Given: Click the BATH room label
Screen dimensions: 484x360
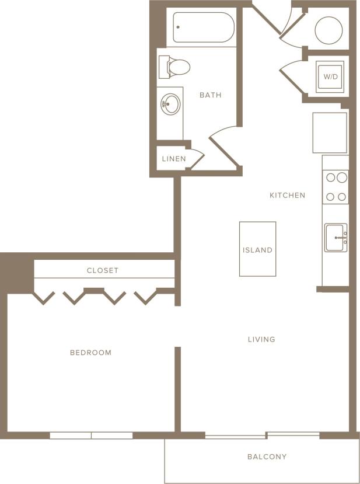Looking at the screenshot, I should click(x=210, y=95).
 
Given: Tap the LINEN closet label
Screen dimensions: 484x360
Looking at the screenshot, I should click(x=174, y=159).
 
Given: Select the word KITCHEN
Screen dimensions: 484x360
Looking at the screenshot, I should click(x=287, y=195).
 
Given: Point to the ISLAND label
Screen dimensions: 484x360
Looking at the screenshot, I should click(x=257, y=250).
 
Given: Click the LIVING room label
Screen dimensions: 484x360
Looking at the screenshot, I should click(x=261, y=339).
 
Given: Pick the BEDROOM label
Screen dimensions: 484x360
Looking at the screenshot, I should click(x=90, y=353).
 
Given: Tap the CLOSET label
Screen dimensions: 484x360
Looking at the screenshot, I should click(x=103, y=270).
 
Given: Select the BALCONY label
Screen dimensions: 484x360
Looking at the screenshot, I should click(x=267, y=457).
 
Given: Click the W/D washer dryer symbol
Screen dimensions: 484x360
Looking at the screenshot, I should click(x=331, y=76).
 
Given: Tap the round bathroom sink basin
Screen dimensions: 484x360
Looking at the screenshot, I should click(x=171, y=106).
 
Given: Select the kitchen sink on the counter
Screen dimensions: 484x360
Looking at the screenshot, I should click(x=336, y=238).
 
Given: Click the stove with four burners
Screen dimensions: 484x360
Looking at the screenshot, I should click(x=335, y=186).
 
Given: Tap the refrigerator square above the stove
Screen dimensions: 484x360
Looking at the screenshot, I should click(x=330, y=133).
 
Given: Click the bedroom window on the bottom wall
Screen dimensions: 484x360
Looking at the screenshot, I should click(x=91, y=436).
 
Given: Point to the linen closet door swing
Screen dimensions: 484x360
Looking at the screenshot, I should click(x=197, y=159).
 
